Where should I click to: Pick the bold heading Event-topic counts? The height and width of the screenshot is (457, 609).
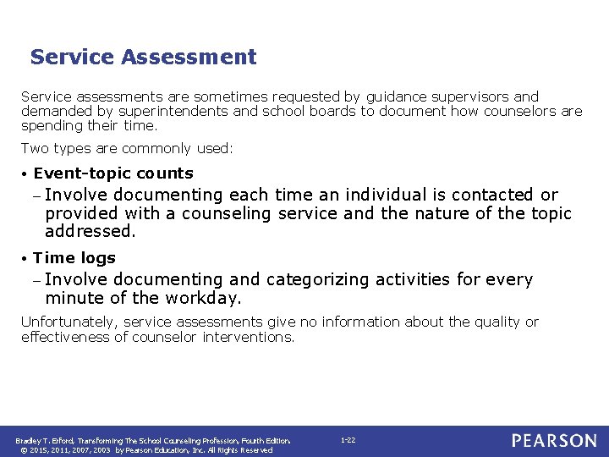113,173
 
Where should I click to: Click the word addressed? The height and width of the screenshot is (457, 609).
90,231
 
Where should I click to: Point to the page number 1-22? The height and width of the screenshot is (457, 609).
348,440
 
